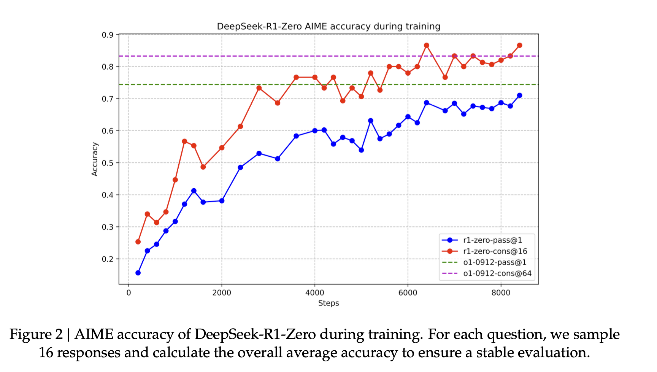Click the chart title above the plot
pos(328,26)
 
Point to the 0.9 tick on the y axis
pos(108,35)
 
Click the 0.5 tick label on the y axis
pos(108,163)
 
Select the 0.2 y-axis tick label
pos(108,259)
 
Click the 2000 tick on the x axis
pos(222,293)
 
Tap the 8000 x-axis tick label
pos(501,293)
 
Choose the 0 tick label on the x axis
pos(129,293)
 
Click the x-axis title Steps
pos(328,303)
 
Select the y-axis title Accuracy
pos(95,159)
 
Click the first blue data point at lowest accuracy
pos(138,273)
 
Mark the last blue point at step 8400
pos(519,95)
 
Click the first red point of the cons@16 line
pos(138,242)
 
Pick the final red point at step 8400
pos(519,45)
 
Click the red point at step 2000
pos(222,148)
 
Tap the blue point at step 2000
pos(222,200)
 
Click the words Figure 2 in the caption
pos(36,334)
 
